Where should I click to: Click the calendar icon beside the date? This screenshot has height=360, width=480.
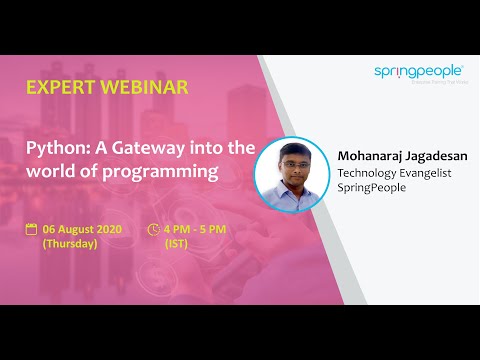click(x=31, y=228)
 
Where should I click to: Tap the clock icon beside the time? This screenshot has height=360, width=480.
click(x=153, y=228)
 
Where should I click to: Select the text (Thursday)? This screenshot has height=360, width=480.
click(x=69, y=243)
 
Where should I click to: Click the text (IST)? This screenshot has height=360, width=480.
click(x=176, y=243)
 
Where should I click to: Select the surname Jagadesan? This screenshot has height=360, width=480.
click(x=437, y=157)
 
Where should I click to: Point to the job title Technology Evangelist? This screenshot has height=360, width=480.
click(x=394, y=173)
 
